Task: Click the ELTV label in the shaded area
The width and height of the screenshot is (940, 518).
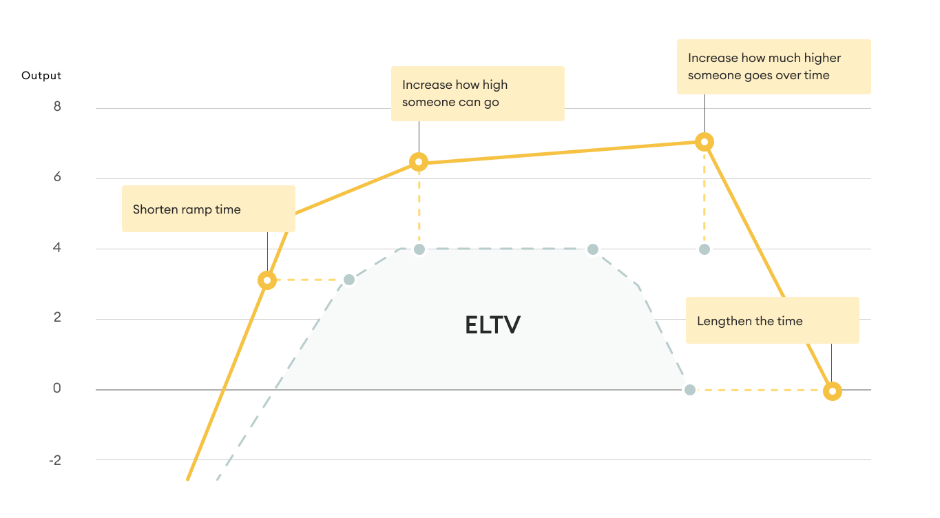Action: (492, 324)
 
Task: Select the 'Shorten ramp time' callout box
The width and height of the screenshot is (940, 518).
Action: (208, 209)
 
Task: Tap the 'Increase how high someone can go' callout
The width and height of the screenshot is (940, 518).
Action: (477, 94)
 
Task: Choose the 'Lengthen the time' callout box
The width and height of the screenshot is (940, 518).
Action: (772, 320)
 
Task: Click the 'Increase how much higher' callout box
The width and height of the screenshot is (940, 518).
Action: (773, 67)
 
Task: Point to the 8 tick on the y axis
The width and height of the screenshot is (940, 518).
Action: (57, 107)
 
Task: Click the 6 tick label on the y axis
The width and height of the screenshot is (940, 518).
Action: (57, 177)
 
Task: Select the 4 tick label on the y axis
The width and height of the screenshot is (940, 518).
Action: (57, 247)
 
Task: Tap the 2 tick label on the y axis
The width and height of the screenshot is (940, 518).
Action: (57, 318)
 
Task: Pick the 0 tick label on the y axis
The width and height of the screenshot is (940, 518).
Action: (57, 388)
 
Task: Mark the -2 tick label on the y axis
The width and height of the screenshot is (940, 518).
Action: (56, 459)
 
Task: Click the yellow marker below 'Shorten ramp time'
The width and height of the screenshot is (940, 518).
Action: (267, 280)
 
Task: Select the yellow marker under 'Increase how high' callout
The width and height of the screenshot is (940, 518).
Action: (419, 162)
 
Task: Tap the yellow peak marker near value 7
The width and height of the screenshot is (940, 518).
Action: (704, 142)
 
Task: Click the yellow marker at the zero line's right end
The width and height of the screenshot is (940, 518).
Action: (832, 391)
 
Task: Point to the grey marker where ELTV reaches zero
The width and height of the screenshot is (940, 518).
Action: (689, 391)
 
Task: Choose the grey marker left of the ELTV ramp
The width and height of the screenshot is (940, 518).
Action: (349, 280)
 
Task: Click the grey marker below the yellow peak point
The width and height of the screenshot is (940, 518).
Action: (704, 249)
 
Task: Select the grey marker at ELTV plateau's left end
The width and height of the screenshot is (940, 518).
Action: (419, 249)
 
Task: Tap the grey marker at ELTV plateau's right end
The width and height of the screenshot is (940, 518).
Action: (593, 249)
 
